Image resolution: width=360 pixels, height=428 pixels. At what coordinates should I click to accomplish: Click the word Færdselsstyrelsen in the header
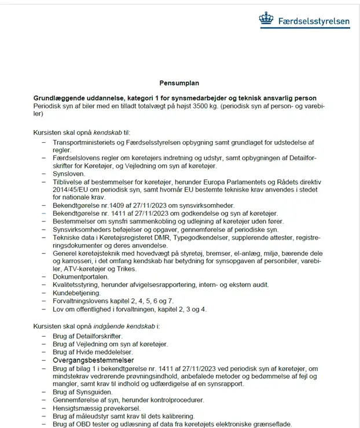[314, 22]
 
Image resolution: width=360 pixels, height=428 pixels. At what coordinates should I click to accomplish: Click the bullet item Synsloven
[69, 173]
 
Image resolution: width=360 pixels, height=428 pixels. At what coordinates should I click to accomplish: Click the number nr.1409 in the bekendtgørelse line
[113, 205]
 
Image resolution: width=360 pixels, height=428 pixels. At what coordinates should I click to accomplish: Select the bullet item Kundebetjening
[76, 293]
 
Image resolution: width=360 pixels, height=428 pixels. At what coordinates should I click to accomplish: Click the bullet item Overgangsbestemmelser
[93, 359]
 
